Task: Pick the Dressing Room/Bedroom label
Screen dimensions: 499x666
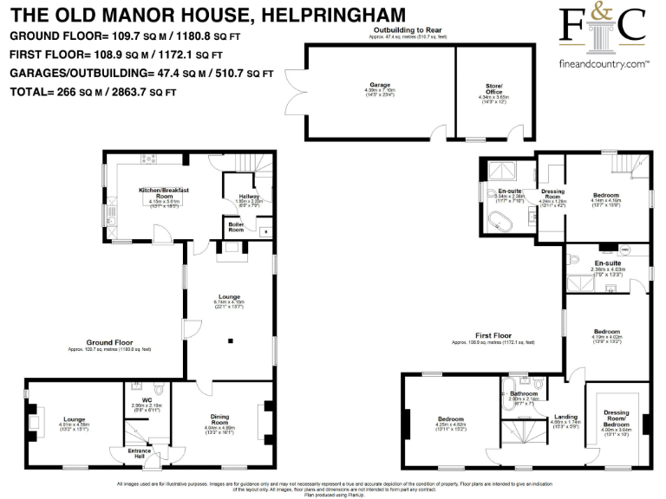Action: (618, 420)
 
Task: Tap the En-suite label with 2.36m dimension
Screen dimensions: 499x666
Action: (606, 263)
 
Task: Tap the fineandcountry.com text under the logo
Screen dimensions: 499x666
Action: (604, 65)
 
